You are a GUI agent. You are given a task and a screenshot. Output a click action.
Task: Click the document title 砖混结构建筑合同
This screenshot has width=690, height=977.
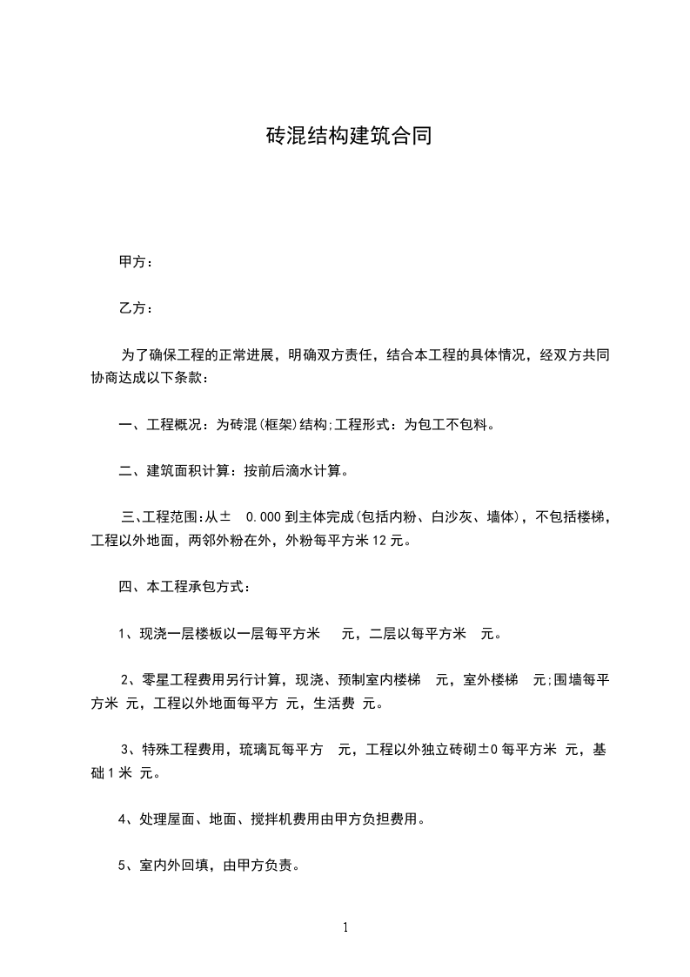(x=348, y=137)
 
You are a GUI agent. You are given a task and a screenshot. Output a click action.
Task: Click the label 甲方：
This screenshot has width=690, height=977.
(x=136, y=262)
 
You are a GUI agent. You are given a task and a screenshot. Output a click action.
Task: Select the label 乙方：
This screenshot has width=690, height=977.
(x=136, y=308)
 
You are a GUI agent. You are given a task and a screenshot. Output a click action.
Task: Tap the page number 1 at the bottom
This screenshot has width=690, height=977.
(x=345, y=928)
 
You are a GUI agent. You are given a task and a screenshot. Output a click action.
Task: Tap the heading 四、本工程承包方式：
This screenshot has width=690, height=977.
(x=185, y=588)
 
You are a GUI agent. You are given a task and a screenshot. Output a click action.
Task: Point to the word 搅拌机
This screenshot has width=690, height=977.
(x=245, y=819)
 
